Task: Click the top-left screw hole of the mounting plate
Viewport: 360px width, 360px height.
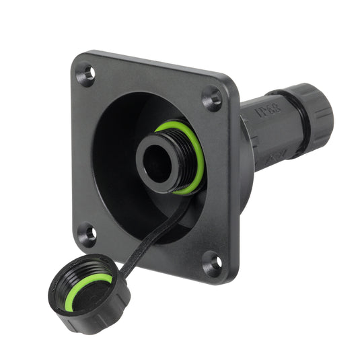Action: tap(85, 75)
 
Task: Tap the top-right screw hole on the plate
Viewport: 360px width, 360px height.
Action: tap(212, 99)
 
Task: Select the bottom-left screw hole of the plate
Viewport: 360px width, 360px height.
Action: tap(87, 234)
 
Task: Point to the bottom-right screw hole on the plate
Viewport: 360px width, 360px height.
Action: tap(212, 262)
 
